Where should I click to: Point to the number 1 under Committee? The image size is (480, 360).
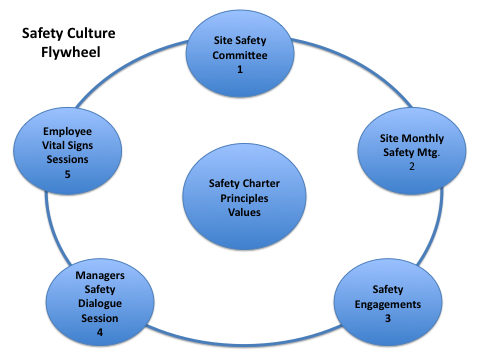pyautogui.click(x=240, y=71)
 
